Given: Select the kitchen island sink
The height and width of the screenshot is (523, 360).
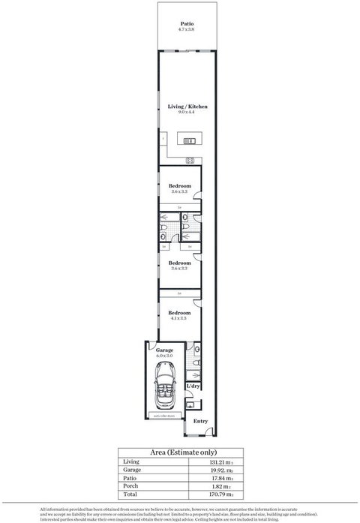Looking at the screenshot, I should [186, 140].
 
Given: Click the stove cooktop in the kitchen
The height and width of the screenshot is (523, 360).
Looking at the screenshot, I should [190, 160].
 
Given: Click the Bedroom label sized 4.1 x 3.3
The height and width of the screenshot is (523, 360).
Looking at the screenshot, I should [179, 312].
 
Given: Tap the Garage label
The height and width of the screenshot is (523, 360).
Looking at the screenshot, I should [165, 350].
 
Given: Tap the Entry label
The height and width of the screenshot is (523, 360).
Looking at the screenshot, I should [200, 421].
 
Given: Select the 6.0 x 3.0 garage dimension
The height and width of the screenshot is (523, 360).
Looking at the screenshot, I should [165, 356].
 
